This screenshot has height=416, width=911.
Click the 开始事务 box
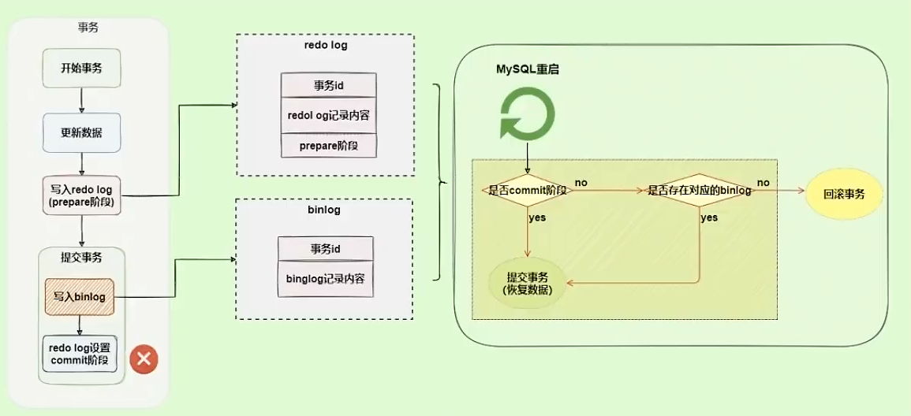coord(81,68)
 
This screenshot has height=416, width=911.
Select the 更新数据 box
coord(81,132)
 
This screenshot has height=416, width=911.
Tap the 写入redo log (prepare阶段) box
coord(82,194)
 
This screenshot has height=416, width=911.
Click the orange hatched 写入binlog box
coord(80,297)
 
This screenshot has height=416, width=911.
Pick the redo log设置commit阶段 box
coord(80,355)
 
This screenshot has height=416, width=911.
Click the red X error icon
coord(144,359)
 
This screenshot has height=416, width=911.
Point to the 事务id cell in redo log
coord(329,85)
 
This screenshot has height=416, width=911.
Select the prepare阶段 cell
coord(329,145)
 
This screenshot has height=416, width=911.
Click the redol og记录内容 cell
coord(329,115)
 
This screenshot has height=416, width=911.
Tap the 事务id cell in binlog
coord(325,249)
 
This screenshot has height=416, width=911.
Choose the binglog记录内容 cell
coord(325,278)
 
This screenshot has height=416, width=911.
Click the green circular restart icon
coord(525,113)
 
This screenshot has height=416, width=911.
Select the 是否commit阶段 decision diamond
coord(528,190)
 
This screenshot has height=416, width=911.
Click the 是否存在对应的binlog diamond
coord(699,190)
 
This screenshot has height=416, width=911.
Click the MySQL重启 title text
coord(528,69)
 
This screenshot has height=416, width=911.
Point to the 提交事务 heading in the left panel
coord(81,257)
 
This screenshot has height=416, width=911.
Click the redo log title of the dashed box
coord(326,45)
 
